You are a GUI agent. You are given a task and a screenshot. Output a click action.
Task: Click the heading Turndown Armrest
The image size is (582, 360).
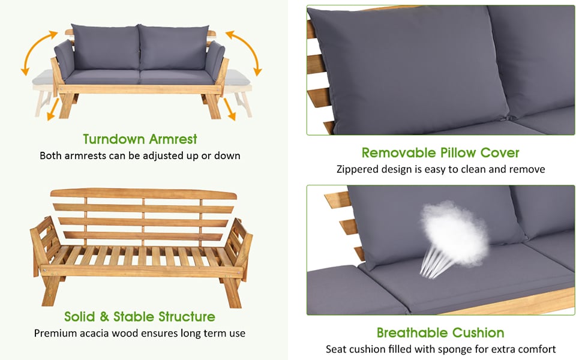point(140,139)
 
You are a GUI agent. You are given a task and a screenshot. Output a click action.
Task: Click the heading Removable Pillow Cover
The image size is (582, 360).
point(440,152)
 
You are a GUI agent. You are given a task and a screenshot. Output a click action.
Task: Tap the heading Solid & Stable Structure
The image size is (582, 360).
point(140,317)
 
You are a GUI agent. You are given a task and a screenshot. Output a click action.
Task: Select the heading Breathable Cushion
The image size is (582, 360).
point(440,332)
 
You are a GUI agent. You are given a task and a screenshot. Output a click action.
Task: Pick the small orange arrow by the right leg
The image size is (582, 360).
point(229,109)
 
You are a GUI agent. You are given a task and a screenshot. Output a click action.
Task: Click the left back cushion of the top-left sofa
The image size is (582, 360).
point(106,47)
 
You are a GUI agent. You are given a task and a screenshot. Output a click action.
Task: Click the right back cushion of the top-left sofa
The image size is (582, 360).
point(173,47)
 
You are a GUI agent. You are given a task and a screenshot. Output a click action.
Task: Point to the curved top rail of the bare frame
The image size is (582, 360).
point(143,193)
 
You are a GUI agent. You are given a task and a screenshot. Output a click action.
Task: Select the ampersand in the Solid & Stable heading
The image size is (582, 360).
point(104,317)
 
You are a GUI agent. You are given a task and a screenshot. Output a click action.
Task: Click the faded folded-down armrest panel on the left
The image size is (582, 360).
point(43,77)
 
